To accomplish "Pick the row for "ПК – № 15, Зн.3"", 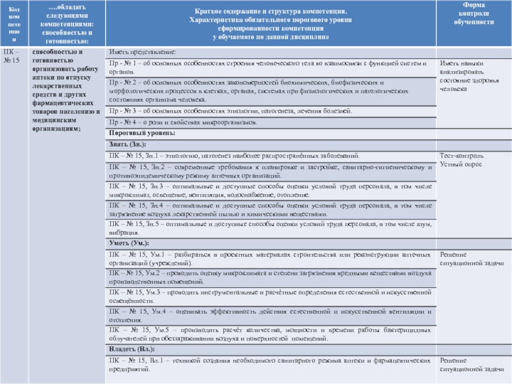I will (269, 189).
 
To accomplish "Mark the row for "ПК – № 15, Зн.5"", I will (269, 228).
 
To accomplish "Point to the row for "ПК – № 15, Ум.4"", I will (269, 315).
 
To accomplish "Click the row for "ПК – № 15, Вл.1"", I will (269, 365).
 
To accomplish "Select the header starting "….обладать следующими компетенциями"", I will (63, 22).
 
